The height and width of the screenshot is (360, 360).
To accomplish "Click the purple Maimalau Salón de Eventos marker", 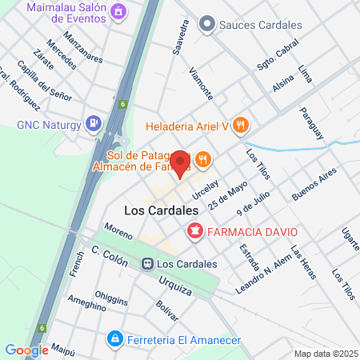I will (x=118, y=11).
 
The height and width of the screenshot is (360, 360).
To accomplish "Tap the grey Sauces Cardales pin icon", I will (x=207, y=25).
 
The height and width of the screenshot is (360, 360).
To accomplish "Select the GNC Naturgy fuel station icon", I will (x=94, y=124).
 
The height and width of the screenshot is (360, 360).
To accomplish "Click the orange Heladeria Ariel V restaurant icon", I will (x=243, y=125).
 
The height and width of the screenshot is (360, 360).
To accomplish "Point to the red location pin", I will (x=181, y=164).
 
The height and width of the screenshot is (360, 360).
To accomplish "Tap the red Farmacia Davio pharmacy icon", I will (x=194, y=232).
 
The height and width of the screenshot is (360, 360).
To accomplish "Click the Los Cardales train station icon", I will (x=147, y=263).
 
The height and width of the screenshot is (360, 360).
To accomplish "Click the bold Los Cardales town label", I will (x=162, y=210).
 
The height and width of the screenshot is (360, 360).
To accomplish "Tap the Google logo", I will (x=26, y=350).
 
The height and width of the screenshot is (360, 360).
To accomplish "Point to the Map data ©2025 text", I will (x=325, y=354).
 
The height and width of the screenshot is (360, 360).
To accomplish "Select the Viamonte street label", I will (x=200, y=82).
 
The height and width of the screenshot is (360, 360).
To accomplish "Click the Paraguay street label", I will (x=312, y=122).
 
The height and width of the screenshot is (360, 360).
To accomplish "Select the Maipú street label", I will (x=62, y=350).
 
